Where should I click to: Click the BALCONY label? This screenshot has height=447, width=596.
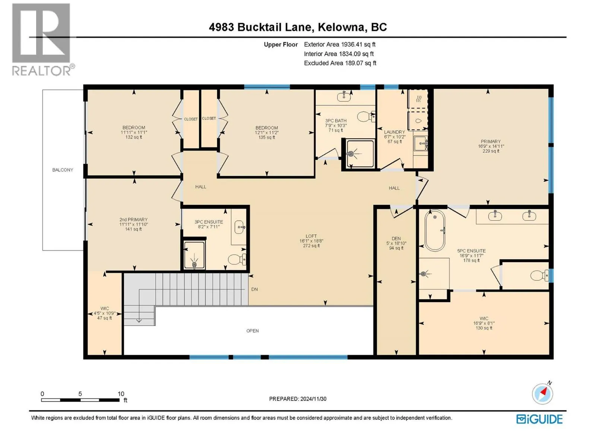63,170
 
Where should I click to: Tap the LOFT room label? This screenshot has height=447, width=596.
311,236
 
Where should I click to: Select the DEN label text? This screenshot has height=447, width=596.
396,238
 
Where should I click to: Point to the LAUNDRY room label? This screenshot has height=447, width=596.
394,132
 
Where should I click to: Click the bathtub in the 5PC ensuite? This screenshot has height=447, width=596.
435,231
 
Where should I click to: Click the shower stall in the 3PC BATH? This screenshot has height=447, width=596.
360,154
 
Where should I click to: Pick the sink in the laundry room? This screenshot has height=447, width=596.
421,143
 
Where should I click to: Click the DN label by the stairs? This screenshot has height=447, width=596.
254,289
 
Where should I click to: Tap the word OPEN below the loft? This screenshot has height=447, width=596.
253,331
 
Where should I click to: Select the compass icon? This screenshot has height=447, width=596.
542,393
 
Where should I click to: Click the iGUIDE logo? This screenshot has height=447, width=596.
539,419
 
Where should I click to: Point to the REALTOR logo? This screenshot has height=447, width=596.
43,39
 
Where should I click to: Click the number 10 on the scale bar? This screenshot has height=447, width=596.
121,394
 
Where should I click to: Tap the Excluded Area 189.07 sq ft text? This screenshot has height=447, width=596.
340,63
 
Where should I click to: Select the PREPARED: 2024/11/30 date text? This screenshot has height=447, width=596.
298,399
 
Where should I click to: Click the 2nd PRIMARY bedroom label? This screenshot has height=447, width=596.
133,219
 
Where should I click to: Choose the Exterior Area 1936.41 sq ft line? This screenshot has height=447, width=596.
340,44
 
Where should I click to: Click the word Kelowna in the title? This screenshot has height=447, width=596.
341,27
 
